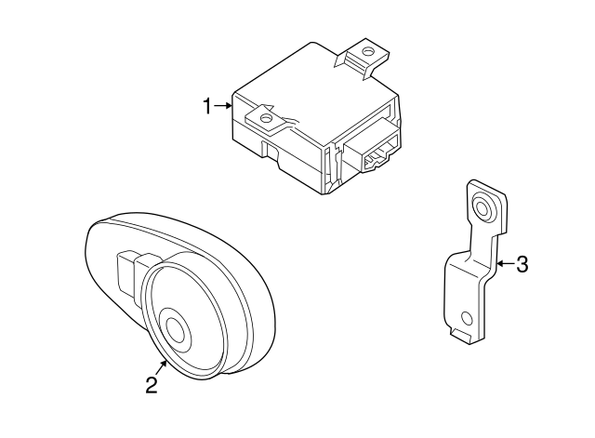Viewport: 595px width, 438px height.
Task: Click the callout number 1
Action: coord(208,107)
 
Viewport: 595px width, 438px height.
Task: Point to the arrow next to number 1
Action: coord(224,107)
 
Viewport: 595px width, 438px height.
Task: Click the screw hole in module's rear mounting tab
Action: coord(368,54)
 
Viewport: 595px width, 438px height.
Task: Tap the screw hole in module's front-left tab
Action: coord(266,119)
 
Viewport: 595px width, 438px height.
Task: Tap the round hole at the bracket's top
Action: coord(484,206)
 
